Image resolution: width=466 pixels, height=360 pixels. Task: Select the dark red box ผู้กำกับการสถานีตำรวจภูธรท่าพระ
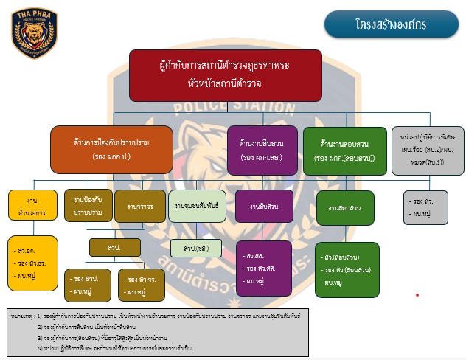click(225, 75)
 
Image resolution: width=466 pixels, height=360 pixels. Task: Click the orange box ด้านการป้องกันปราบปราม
click(111, 149)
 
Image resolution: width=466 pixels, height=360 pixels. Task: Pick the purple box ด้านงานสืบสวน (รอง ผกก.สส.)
click(258, 149)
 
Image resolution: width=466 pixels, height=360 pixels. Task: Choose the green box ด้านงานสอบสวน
click(344, 150)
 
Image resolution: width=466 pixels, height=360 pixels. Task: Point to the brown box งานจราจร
click(140, 207)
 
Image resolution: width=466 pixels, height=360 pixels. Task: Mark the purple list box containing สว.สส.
click(265, 269)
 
